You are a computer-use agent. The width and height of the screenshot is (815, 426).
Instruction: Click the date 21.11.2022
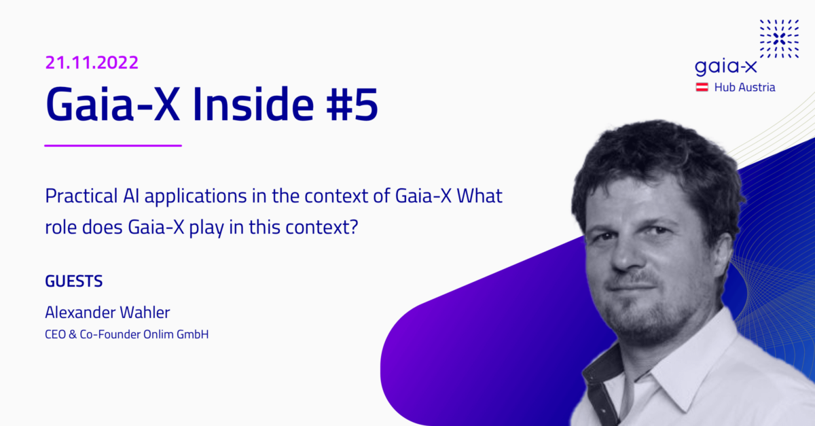[92, 63]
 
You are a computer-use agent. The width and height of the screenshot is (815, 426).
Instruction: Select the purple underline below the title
[113, 145]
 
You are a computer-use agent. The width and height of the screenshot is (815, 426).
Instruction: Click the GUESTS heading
[73, 281]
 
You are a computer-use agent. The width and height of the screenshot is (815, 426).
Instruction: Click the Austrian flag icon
[702, 87]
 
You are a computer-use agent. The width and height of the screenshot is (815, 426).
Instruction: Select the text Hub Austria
[744, 87]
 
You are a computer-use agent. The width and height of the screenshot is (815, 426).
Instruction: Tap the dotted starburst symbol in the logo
[779, 39]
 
